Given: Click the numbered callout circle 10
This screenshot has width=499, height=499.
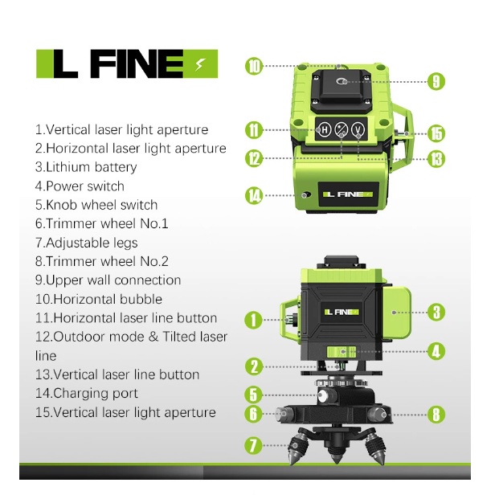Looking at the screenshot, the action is (254, 66).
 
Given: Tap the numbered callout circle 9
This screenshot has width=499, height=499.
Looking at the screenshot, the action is (436, 81).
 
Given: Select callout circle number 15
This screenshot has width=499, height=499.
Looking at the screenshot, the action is (436, 133).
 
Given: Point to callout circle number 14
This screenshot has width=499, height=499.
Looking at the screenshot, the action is (254, 195).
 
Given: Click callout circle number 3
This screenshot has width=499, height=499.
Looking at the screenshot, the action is (436, 313).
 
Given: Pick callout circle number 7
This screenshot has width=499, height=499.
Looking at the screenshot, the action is (253, 445).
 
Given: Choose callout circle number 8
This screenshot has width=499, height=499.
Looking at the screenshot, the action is (436, 415).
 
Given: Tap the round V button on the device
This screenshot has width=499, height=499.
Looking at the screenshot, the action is (358, 129).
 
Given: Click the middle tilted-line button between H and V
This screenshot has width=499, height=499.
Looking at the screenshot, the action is (342, 129).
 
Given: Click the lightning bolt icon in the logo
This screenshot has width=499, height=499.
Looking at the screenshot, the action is (199, 64).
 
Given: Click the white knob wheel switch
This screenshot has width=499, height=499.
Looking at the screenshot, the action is (323, 396).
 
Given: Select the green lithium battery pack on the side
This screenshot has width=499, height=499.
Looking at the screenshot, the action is (396, 313).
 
